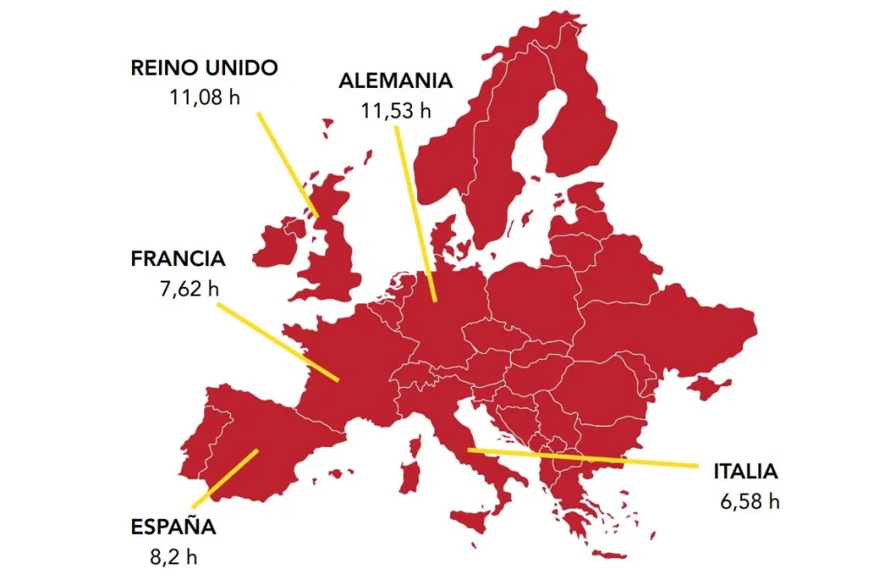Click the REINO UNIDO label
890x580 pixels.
pyautogui.click(x=203, y=69)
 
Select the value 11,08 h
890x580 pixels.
pyautogui.click(x=205, y=96)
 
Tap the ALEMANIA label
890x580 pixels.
pyautogui.click(x=395, y=81)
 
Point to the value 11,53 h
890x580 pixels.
pyautogui.click(x=395, y=110)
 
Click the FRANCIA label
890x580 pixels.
pyautogui.click(x=178, y=259)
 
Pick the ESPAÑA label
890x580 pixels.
pyautogui.click(x=173, y=526)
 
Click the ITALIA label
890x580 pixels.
pyautogui.click(x=746, y=472)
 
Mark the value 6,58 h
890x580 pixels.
pyautogui.click(x=750, y=502)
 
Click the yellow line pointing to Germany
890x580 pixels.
pyautogui.click(x=415, y=213)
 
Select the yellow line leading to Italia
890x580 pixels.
pyautogui.click(x=582, y=457)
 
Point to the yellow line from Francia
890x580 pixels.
pyautogui.click(x=278, y=342)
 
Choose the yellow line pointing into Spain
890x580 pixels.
pyautogui.click(x=225, y=478)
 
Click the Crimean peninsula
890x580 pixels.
pyautogui.click(x=706, y=386)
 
